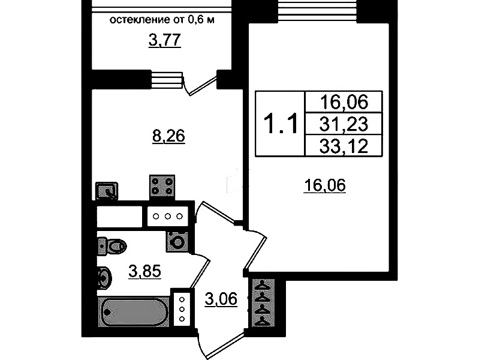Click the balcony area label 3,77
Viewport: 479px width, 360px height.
(165, 41)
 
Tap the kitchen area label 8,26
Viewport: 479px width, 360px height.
(168, 136)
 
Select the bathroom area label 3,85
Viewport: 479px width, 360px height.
(144, 271)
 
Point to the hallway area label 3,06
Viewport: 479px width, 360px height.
(221, 299)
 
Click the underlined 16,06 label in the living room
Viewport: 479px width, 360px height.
(325, 185)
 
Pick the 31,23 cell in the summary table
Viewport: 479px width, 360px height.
(344, 124)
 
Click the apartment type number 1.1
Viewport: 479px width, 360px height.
(281, 124)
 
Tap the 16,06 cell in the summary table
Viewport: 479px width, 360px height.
(344, 102)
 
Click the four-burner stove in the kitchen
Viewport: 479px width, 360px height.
(162, 186)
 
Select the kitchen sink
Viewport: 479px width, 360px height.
(107, 191)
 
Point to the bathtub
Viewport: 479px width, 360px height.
(134, 312)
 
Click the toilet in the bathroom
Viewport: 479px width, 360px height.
(112, 245)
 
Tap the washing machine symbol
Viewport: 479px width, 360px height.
(177, 242)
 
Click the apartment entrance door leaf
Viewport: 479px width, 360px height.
(222, 346)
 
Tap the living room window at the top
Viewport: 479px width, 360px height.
(317, 11)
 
